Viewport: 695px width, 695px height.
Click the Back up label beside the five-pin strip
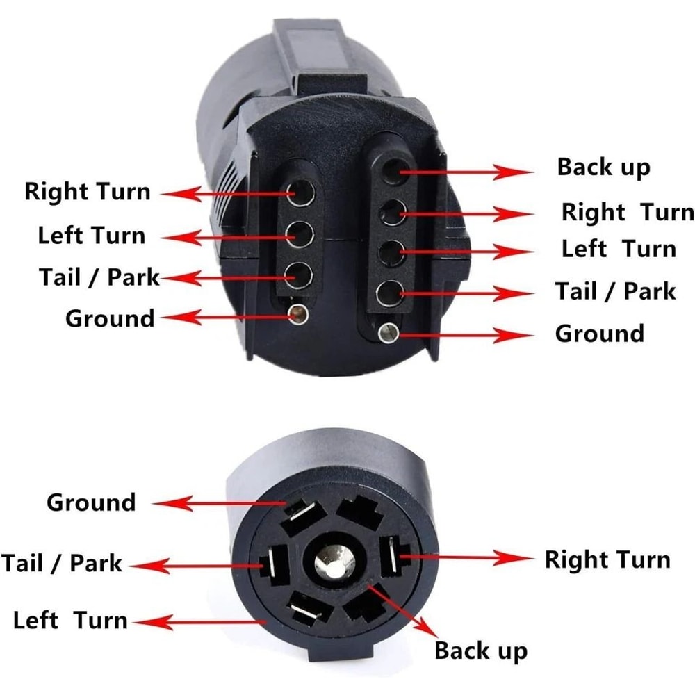point(603,167)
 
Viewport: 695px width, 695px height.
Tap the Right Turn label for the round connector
point(607,559)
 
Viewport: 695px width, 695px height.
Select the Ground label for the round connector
point(91,502)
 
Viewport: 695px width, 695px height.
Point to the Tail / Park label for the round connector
point(62,562)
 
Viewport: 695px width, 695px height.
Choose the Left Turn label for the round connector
point(70,620)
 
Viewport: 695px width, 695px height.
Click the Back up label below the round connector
point(480,651)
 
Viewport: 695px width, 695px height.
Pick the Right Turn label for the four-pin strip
point(87,191)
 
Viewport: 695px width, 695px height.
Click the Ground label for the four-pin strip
point(110,318)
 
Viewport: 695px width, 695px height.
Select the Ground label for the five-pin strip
point(599,333)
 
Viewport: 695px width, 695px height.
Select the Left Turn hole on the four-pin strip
point(300,234)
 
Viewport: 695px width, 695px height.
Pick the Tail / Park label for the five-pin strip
point(614,291)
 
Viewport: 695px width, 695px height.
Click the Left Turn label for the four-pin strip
point(91,235)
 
